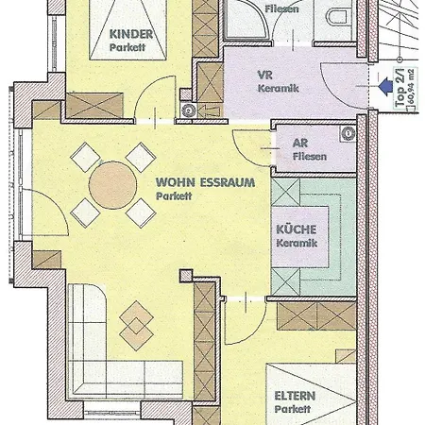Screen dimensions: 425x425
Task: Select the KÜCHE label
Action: (x=297, y=229)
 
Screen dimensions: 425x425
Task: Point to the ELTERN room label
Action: (x=293, y=397)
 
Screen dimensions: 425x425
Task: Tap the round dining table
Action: (x=113, y=181)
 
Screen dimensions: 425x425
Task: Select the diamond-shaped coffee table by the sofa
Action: (x=137, y=321)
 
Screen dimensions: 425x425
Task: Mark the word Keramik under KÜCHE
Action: (x=297, y=244)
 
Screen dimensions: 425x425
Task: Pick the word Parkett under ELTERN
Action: (x=293, y=412)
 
